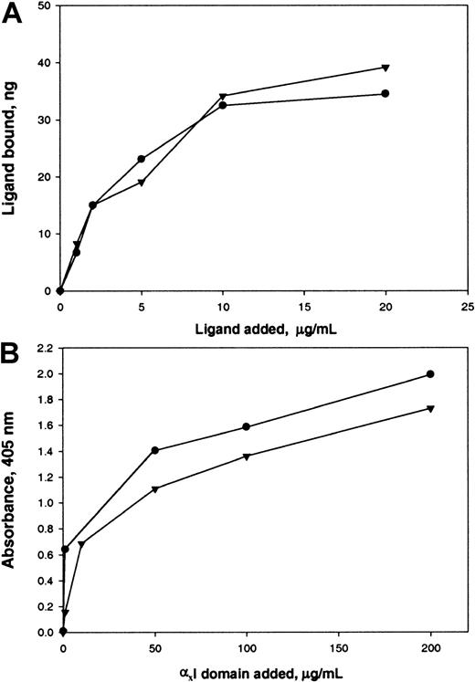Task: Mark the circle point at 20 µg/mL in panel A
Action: (385, 93)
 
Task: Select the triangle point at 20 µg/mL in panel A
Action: (385, 68)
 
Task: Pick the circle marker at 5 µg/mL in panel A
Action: (142, 159)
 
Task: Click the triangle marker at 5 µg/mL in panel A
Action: (142, 183)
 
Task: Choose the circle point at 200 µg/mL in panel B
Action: (430, 373)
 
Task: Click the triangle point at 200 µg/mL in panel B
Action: (430, 408)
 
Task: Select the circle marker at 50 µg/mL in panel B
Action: (154, 450)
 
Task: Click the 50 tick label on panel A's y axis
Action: (43, 6)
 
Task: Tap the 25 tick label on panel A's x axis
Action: (467, 307)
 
